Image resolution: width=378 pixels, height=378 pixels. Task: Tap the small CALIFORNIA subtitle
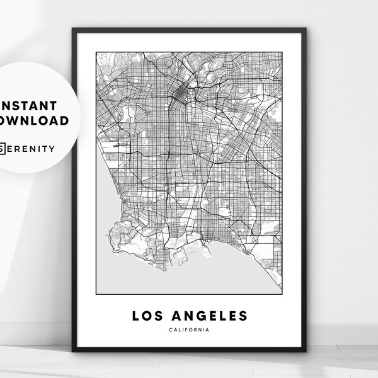[x=190, y=329]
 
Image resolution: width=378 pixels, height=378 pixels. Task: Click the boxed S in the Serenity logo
[x=4, y=149]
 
